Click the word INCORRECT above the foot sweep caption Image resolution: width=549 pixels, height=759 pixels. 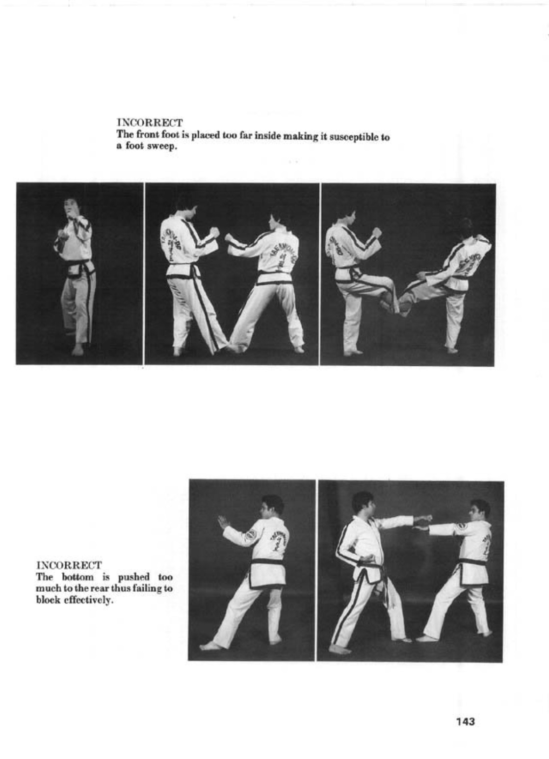(150, 122)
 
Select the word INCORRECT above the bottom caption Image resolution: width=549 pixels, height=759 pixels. (69, 565)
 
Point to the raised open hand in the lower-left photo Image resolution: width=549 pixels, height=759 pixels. (223, 523)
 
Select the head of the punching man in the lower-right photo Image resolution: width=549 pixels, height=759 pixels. (364, 503)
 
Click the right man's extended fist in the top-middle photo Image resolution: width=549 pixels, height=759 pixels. (229, 238)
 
